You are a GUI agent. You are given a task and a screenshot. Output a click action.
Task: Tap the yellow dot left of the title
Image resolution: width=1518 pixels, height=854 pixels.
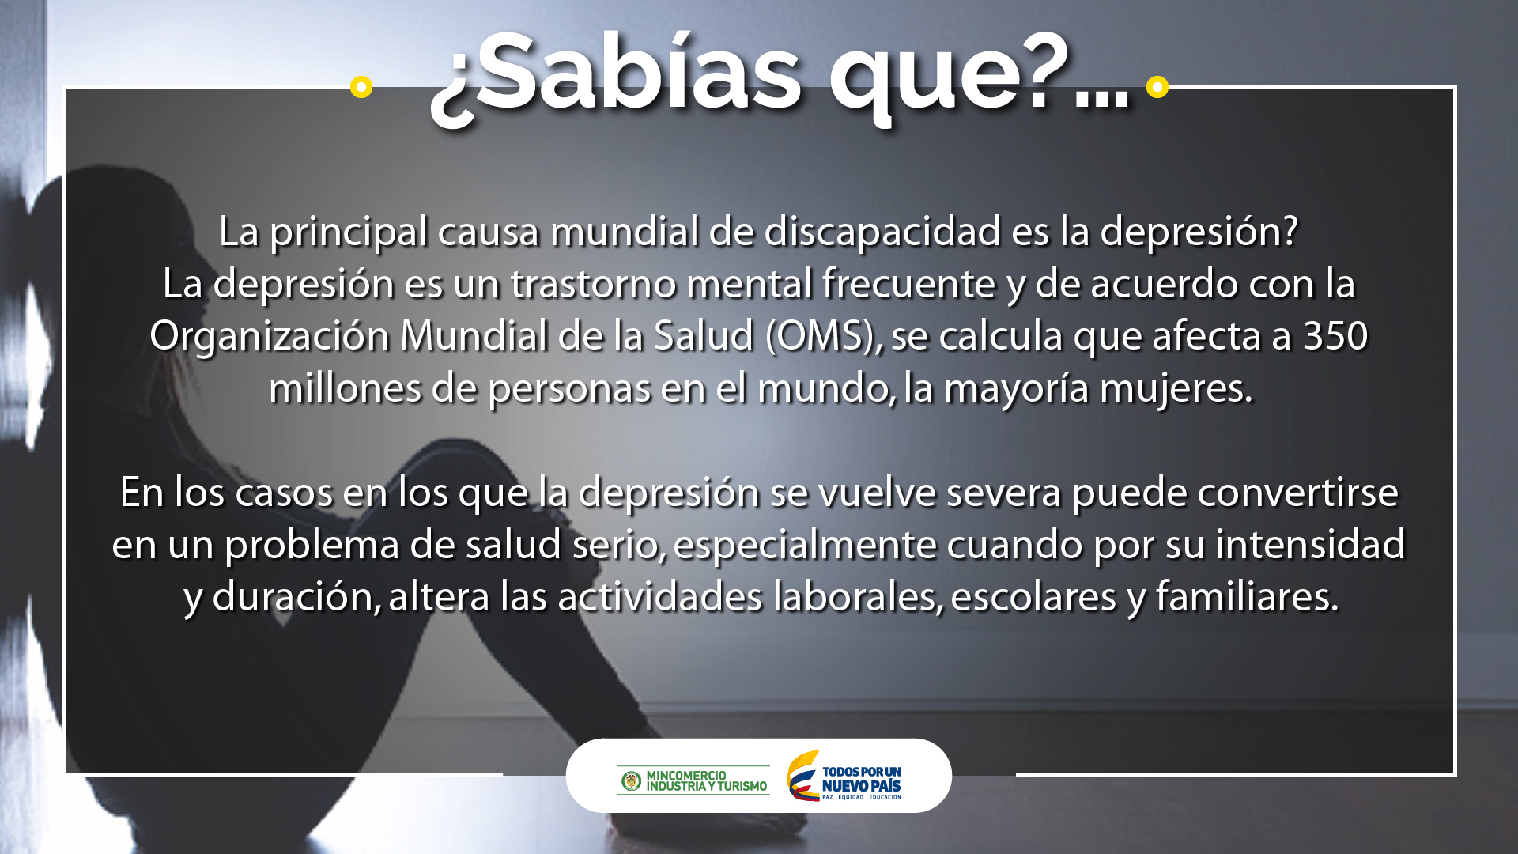(x=361, y=86)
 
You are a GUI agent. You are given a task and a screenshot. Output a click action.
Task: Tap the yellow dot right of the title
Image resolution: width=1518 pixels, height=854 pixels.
(x=1157, y=86)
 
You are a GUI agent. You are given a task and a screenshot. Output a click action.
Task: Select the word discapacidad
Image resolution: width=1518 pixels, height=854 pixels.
(x=883, y=232)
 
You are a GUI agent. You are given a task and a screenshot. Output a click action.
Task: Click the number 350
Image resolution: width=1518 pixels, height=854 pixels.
(x=1335, y=336)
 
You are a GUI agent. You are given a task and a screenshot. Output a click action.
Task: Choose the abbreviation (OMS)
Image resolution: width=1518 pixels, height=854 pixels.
(x=823, y=337)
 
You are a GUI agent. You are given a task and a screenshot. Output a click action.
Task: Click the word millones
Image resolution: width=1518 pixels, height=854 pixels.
(x=345, y=389)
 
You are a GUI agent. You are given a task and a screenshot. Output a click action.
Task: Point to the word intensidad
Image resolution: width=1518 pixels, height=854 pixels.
(x=1310, y=544)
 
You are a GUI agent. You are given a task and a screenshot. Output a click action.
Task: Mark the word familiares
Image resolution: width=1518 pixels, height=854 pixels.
(x=1247, y=597)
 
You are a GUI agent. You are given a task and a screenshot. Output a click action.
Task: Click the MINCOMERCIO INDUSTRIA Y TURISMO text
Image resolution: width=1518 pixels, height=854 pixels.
(x=707, y=781)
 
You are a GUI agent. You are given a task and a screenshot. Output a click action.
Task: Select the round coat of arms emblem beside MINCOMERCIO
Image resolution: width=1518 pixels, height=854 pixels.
(x=631, y=781)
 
